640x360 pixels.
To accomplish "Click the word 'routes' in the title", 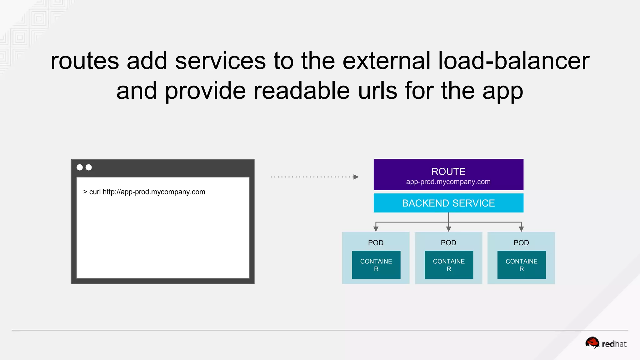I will pyautogui.click(x=85, y=61).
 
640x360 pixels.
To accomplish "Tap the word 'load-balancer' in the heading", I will pyautogui.click(x=513, y=61).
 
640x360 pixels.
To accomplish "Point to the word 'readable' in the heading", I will pyautogui.click(x=302, y=91).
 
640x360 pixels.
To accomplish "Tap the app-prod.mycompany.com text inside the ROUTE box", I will pyautogui.click(x=448, y=182).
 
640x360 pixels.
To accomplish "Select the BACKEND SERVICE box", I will pyautogui.click(x=448, y=203).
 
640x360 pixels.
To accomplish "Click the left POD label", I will pyautogui.click(x=376, y=243).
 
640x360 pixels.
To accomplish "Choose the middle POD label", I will pyautogui.click(x=448, y=243).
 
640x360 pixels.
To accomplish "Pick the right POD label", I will pyautogui.click(x=521, y=243).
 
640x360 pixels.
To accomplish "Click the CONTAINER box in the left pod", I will pyautogui.click(x=376, y=265).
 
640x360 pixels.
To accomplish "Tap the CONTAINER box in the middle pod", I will pyautogui.click(x=449, y=265).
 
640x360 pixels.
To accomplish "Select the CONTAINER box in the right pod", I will pyautogui.click(x=522, y=265).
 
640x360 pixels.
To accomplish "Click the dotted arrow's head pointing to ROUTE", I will pyautogui.click(x=356, y=177).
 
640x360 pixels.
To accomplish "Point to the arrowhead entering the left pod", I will pyautogui.click(x=376, y=229).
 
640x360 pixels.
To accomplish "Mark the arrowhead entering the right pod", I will pyautogui.click(x=521, y=229).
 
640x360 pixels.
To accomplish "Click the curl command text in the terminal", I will pyautogui.click(x=144, y=192).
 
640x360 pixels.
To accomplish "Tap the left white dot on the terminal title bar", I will pyautogui.click(x=80, y=167).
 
